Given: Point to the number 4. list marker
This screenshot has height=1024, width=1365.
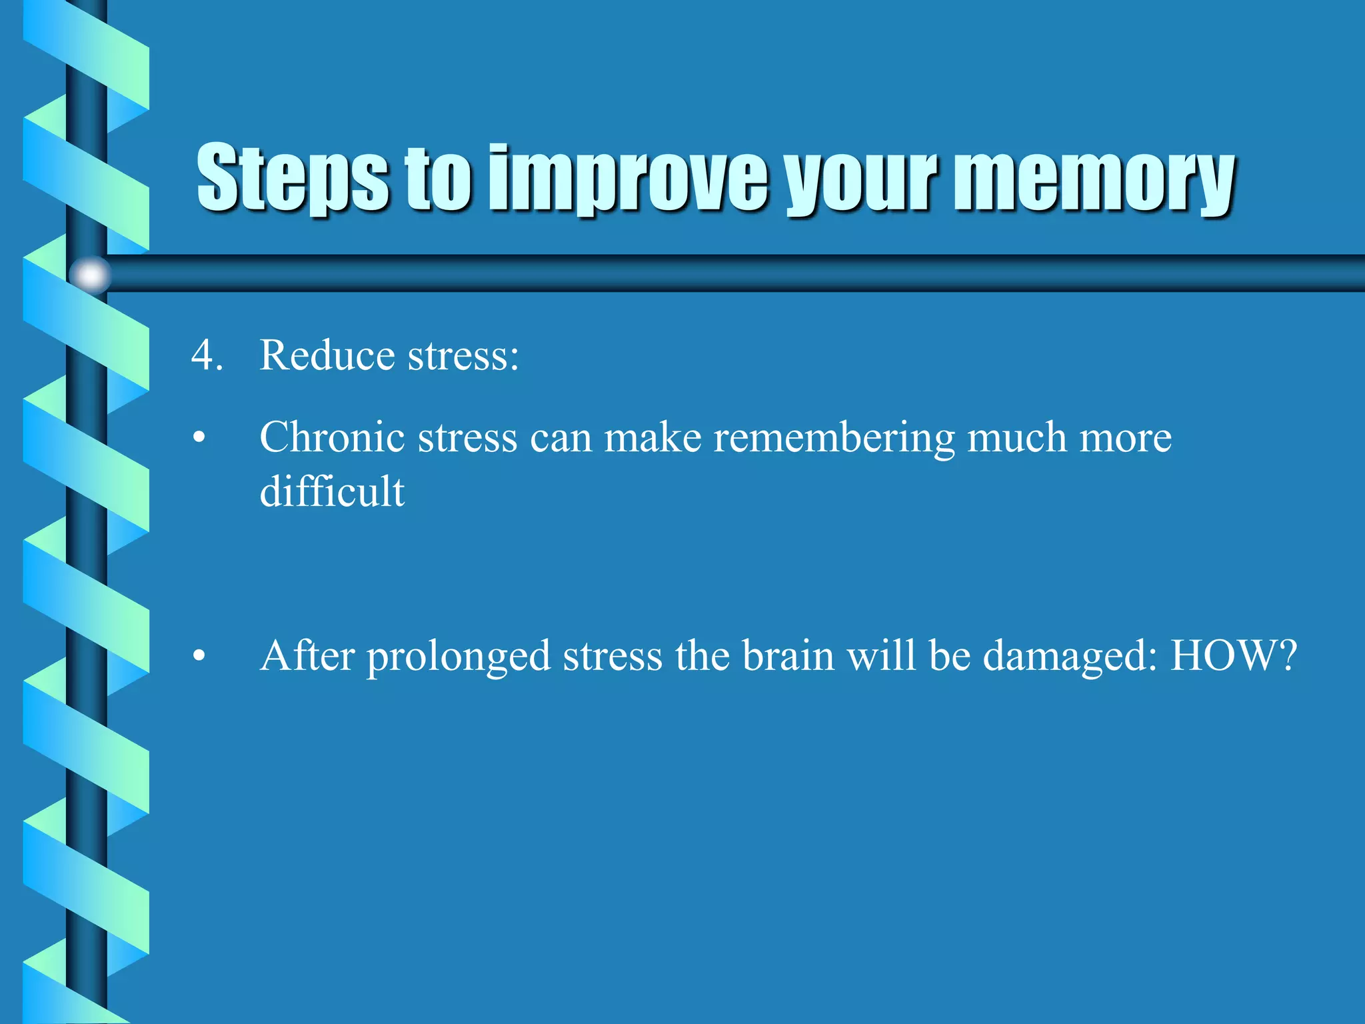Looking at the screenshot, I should [x=207, y=355].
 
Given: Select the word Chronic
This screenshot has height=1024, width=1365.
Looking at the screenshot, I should [x=332, y=438].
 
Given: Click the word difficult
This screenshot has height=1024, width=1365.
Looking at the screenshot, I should [x=332, y=492].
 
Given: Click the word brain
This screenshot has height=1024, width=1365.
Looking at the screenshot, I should [x=788, y=655].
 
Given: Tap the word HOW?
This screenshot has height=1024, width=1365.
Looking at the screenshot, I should [x=1234, y=655].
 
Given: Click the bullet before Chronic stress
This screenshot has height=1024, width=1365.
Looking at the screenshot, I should [x=199, y=439].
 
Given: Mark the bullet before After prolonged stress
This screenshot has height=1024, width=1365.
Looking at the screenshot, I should [x=199, y=657].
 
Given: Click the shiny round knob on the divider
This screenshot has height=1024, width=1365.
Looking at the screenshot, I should [x=90, y=275].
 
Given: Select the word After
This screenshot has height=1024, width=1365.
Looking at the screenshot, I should [x=307, y=655].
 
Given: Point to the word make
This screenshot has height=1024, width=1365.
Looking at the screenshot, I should [x=653, y=438].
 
